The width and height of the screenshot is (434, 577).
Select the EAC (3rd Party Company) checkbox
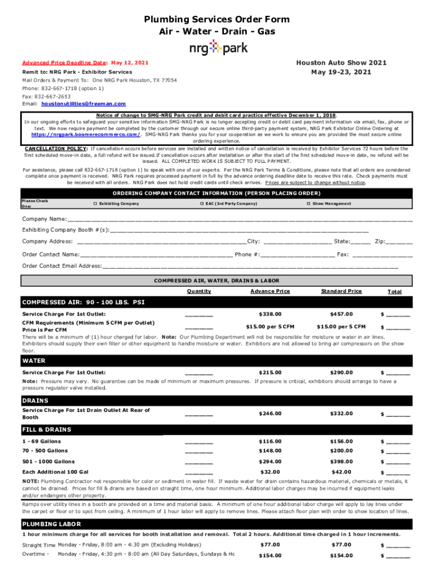tap(202, 203)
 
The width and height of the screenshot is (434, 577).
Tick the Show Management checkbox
tap(308, 203)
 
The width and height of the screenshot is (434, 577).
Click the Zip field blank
tap(400, 242)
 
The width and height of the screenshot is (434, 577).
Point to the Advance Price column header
tap(270, 291)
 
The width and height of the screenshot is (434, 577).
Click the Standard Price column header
tap(341, 291)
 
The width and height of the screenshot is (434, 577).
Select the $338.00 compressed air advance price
tap(269, 314)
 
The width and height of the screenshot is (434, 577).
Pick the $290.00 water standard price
tap(341, 372)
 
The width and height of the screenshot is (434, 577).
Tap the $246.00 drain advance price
tap(269, 414)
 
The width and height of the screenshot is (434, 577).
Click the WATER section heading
tap(34, 361)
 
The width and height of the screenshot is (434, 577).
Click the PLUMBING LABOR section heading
tap(52, 523)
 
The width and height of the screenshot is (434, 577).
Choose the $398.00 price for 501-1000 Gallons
tap(341, 461)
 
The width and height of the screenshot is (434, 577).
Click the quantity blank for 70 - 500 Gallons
tap(199, 452)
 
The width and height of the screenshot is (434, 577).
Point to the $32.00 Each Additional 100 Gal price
tap(269, 472)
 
